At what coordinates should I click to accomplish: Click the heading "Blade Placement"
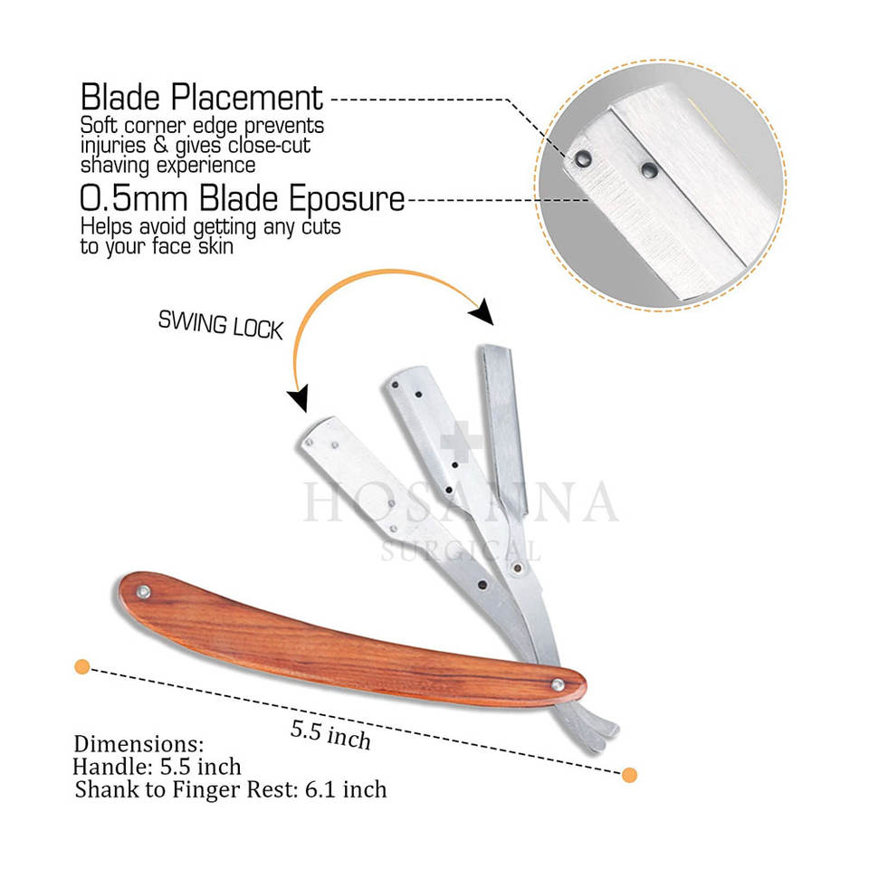coord(201,98)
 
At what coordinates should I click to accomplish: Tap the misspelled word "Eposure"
coord(351,198)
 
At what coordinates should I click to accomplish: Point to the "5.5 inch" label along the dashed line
coord(330,734)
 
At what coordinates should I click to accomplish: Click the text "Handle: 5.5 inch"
coord(157,767)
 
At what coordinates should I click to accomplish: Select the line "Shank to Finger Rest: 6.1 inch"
coord(231,789)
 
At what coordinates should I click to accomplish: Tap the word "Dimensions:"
coord(138,744)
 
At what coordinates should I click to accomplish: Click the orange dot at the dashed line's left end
coord(81,667)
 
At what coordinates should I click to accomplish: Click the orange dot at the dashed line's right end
coord(630,775)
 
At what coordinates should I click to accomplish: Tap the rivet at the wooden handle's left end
coord(144,592)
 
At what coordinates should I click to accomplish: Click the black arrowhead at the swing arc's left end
coord(297,397)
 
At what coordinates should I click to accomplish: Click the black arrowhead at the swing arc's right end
coord(482,312)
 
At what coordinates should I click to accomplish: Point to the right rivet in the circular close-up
coord(648,168)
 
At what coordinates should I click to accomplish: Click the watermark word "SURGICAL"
coord(461,549)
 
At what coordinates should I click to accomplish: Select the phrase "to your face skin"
coord(158,246)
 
